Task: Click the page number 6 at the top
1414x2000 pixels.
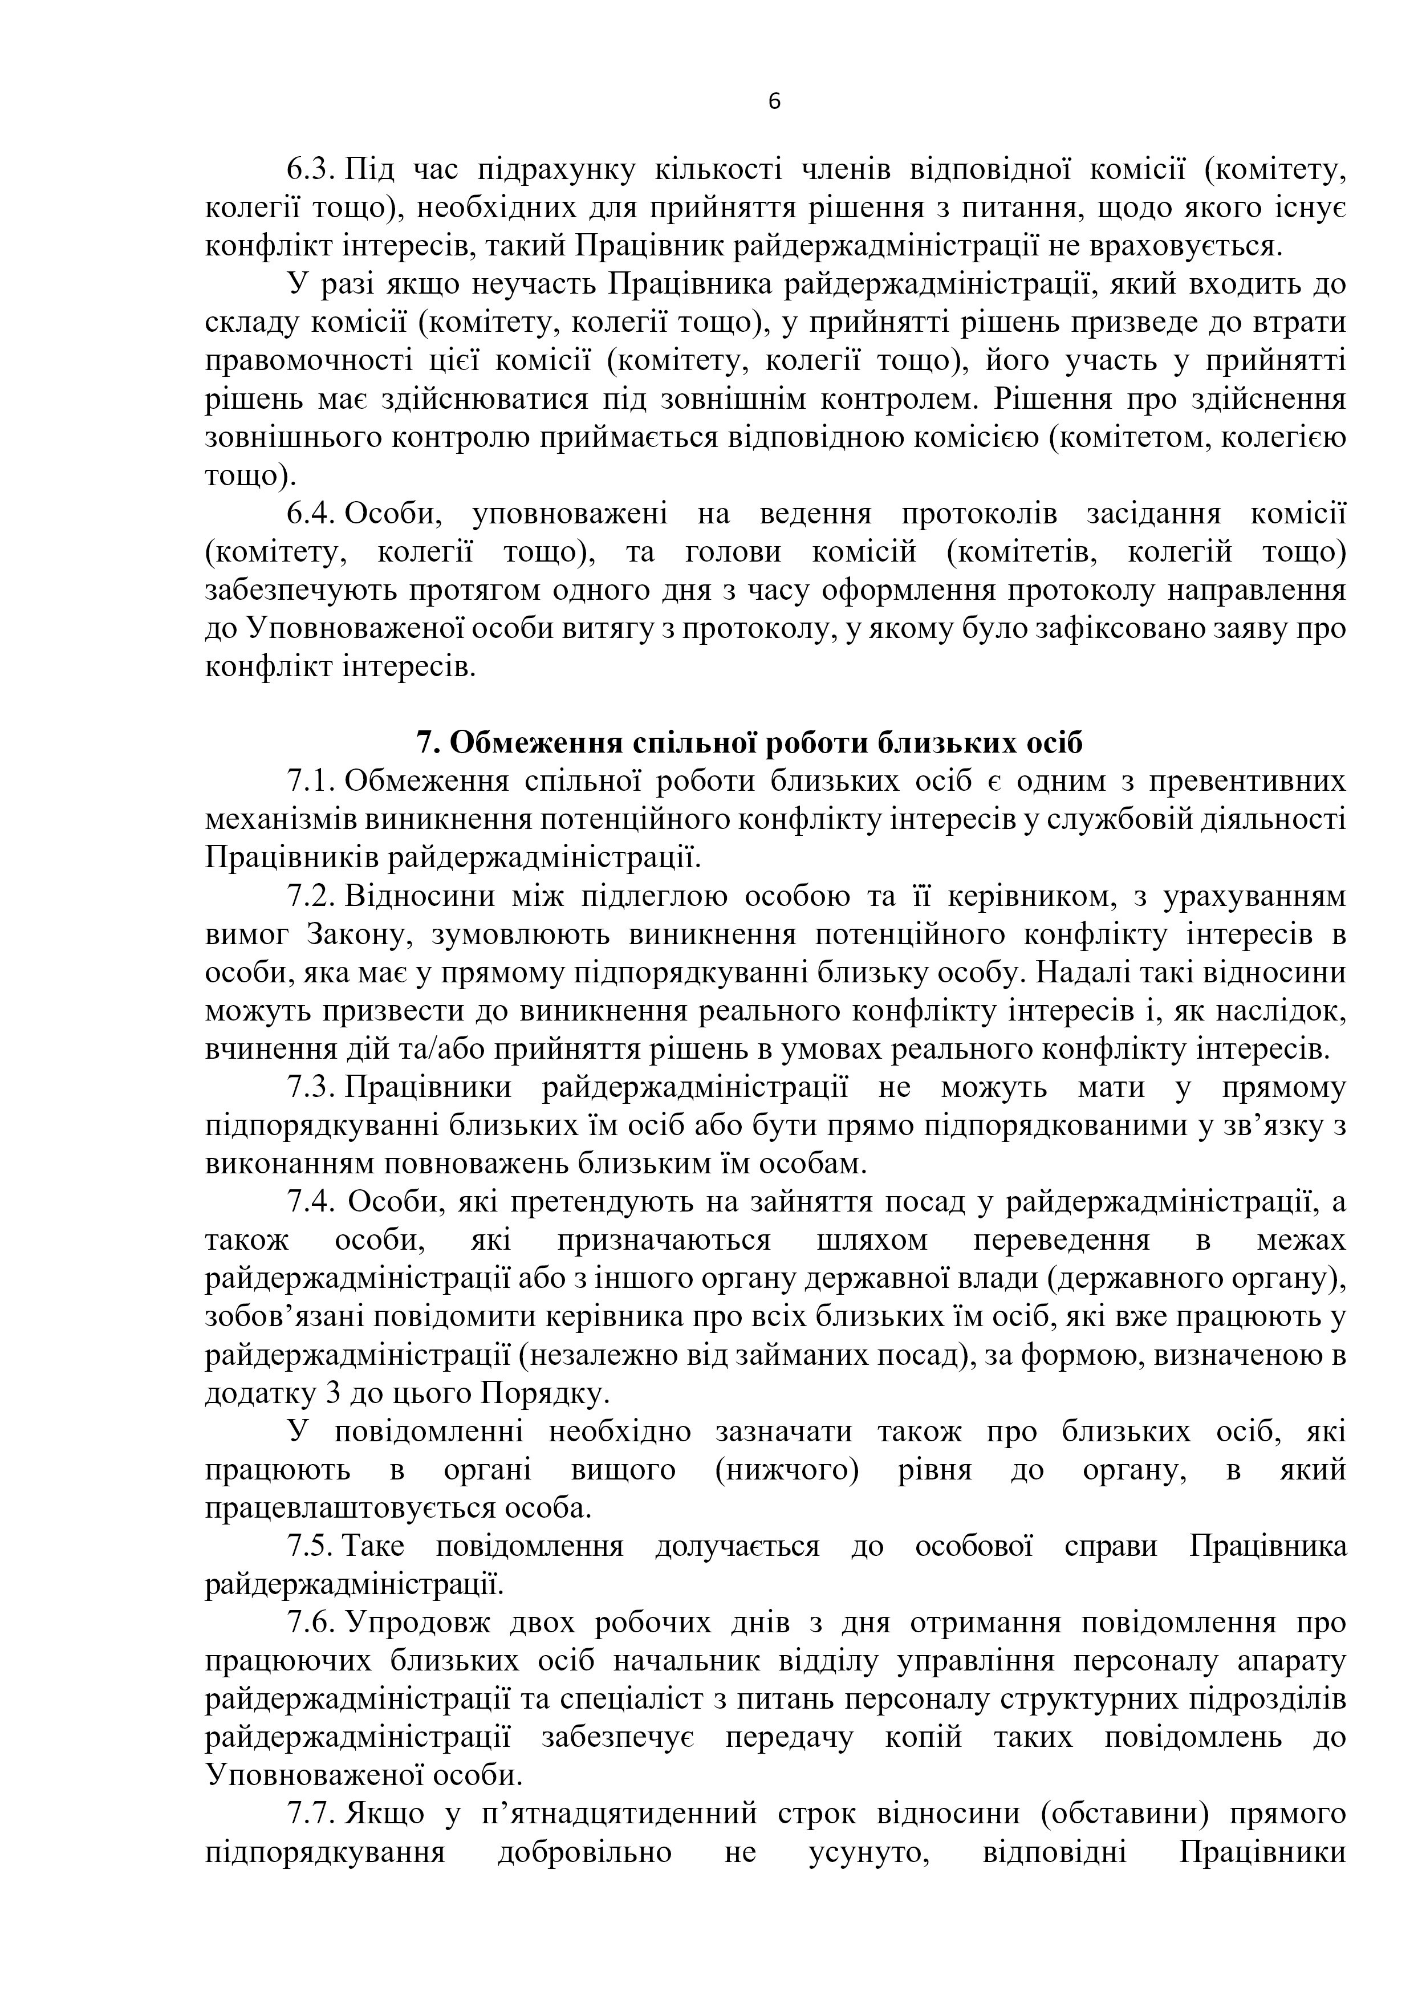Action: click(774, 102)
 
